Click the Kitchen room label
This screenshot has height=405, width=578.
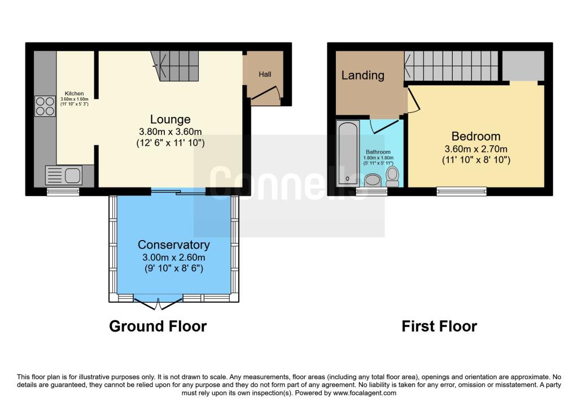pos(74,93)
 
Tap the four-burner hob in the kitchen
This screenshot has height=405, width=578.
pos(45,106)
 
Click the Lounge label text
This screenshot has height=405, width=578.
pos(170,119)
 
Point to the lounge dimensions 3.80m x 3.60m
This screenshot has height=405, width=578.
pos(170,132)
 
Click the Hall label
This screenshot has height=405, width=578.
pos(265,75)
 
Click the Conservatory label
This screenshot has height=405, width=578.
pos(174,245)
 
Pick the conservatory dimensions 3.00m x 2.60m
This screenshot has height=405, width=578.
pos(174,257)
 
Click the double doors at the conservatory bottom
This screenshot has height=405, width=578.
pos(158,304)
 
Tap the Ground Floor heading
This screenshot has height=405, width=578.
pos(157,326)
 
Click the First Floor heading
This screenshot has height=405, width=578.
pos(439,326)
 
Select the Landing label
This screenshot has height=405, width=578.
pos(362,75)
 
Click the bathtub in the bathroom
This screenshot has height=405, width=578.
pos(345,153)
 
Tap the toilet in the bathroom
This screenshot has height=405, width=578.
pos(393,176)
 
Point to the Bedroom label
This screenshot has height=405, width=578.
pos(476,136)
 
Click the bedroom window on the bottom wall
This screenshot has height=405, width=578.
pos(461,191)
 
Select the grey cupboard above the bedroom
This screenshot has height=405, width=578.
pos(523,65)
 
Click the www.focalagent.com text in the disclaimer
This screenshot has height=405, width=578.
pos(365,393)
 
